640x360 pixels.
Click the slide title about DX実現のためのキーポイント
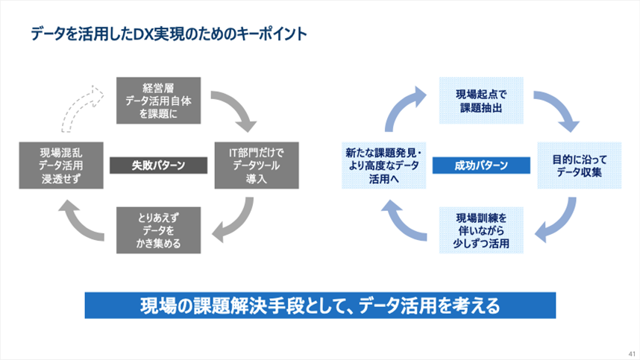tap(169, 34)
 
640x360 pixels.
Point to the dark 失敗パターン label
tap(158, 165)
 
